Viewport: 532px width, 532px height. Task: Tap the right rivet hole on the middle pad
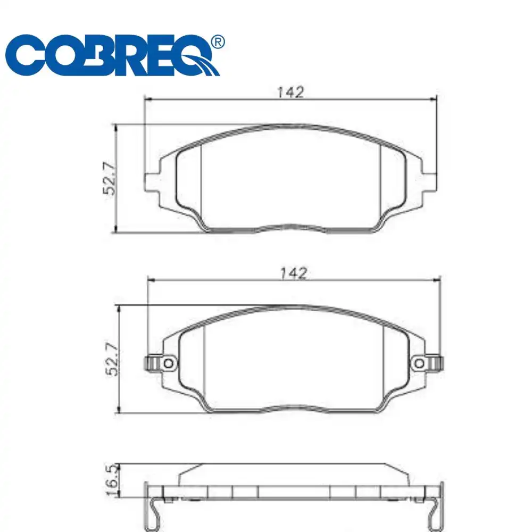pos(420,363)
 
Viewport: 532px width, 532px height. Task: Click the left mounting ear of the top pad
pos(152,181)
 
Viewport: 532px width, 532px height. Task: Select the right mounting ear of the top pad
pos(430,181)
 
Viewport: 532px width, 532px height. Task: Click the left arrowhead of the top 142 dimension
pos(149,99)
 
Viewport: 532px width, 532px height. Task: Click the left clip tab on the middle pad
pos(151,363)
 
